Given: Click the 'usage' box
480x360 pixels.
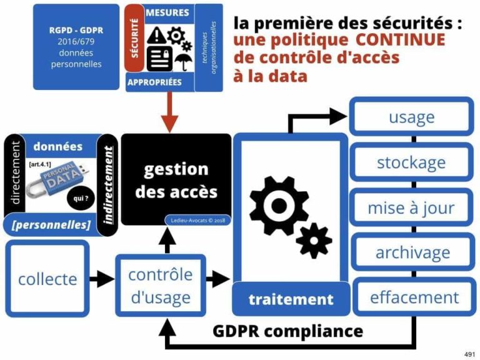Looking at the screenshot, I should click(x=411, y=117).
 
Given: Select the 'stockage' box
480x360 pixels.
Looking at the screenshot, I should click(x=411, y=163).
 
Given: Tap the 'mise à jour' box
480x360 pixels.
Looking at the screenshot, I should click(x=411, y=208).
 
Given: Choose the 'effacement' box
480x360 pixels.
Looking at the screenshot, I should click(x=414, y=297).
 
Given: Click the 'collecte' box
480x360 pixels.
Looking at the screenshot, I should click(x=47, y=279).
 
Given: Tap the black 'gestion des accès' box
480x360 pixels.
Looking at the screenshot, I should click(x=176, y=180).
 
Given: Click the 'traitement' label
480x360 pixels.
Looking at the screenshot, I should click(x=291, y=299).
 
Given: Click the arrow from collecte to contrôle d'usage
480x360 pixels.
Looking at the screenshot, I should click(x=102, y=279).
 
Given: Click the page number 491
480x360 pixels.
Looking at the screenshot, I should click(x=469, y=354).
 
